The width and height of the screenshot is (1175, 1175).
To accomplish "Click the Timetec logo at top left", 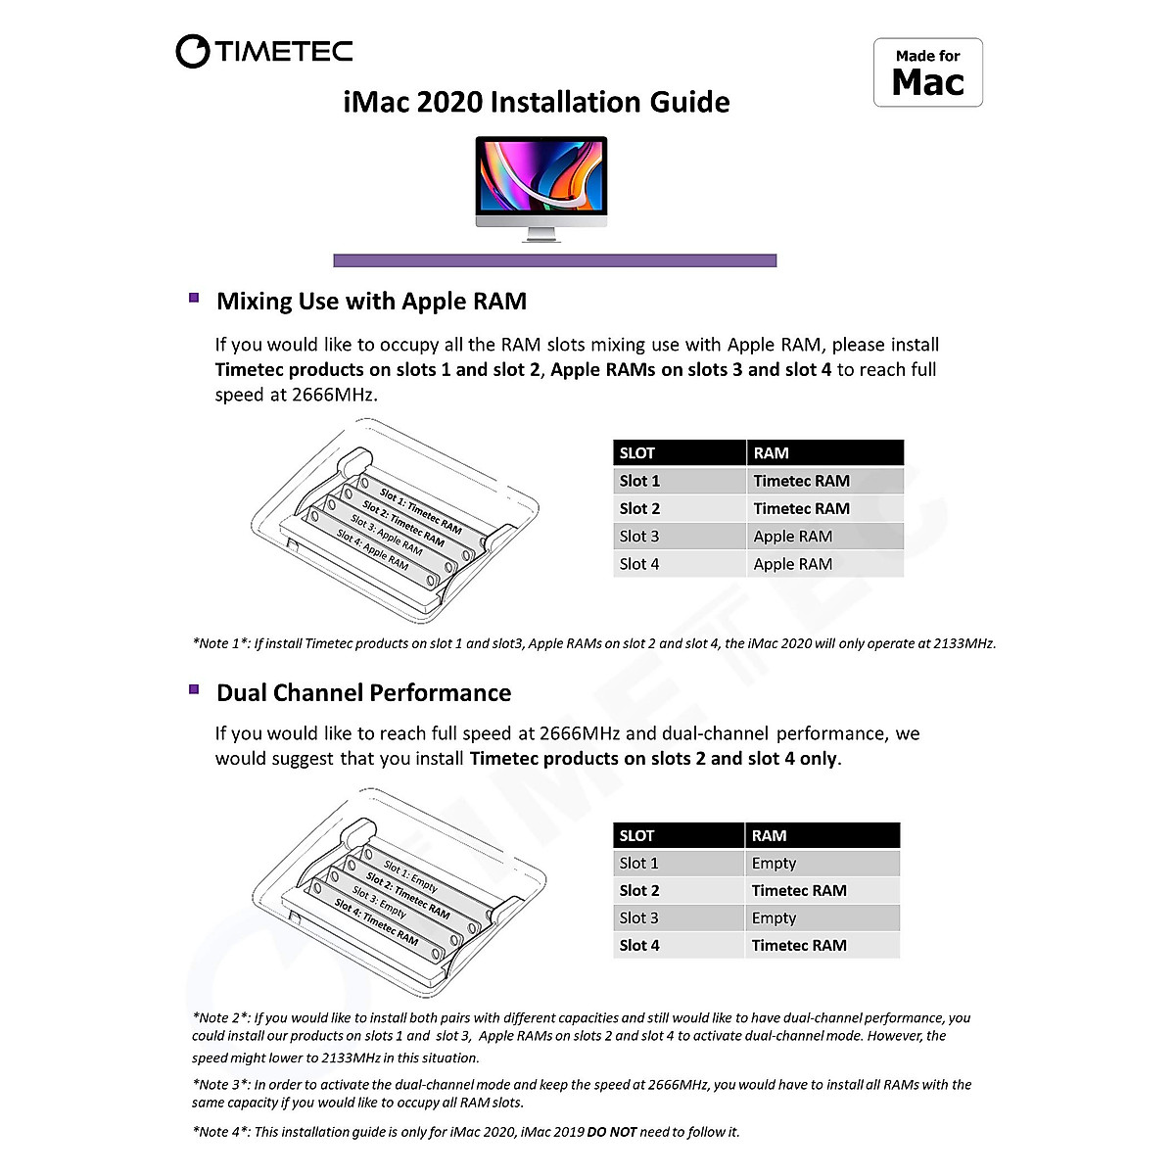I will [x=264, y=51].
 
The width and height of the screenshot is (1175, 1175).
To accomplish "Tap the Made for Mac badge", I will [x=927, y=72].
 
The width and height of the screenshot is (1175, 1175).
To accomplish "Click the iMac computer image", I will [x=541, y=186].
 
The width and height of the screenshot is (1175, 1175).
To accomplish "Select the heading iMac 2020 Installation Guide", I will [x=537, y=102].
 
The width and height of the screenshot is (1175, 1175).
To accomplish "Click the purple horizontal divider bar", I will [x=554, y=260].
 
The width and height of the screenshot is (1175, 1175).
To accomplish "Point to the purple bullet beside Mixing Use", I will [x=194, y=298].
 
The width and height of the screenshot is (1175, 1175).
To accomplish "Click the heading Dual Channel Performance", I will [x=363, y=693].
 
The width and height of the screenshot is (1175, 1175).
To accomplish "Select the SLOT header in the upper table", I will [x=637, y=453].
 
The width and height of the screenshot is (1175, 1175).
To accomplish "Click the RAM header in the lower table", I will [x=769, y=835].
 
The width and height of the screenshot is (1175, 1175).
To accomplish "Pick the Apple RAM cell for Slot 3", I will [x=792, y=537].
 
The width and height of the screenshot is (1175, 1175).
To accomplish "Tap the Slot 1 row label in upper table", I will [x=639, y=481].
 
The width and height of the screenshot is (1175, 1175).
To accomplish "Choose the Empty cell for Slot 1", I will [x=774, y=863].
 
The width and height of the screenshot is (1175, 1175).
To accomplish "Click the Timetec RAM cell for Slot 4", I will [x=799, y=945].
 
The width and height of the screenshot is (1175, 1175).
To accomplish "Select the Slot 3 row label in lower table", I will [x=638, y=917].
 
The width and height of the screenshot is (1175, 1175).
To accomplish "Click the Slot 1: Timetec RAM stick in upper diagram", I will [x=421, y=510].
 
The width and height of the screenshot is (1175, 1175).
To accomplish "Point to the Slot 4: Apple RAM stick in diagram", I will [x=373, y=550].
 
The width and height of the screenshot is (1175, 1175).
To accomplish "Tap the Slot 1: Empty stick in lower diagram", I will [x=411, y=875].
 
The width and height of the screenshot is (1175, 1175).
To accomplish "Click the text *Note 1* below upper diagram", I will [x=221, y=643].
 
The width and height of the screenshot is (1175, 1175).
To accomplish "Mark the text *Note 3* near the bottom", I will [x=221, y=1085].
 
